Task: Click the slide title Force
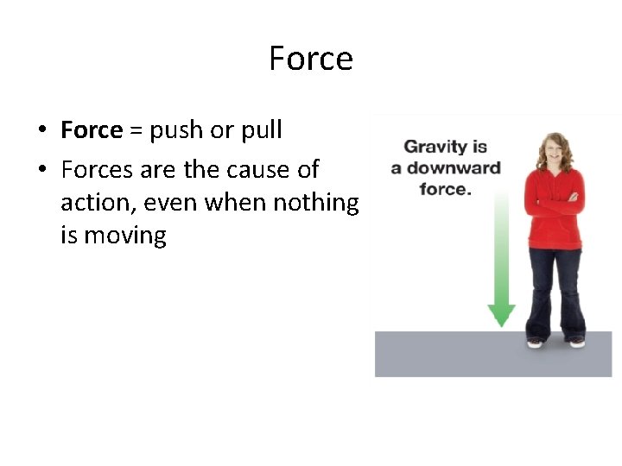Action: (311, 59)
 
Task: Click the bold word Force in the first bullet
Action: (92, 130)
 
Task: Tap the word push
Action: (177, 131)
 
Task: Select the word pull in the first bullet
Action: (261, 131)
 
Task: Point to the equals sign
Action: (136, 131)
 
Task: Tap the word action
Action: (92, 203)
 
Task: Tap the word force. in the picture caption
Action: (445, 187)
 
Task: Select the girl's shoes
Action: (556, 342)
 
